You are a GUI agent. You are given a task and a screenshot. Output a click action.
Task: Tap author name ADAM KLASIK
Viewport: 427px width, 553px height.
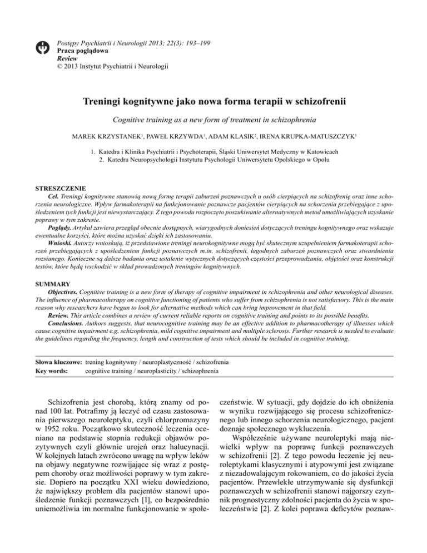click(227, 135)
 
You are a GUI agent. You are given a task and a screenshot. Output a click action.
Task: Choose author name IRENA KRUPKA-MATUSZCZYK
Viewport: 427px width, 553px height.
click(308, 135)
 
